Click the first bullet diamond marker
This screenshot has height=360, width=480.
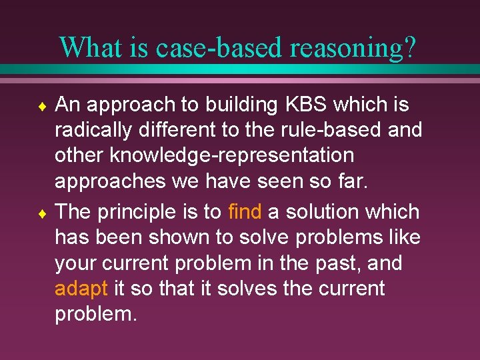pos(41,105)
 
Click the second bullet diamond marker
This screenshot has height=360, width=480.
pos(41,213)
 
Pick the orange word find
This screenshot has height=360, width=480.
pos(245,212)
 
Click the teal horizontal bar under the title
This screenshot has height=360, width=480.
pos(240,69)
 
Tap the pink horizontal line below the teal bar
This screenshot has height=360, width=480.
pos(240,80)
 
